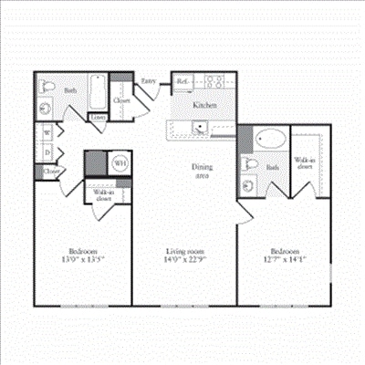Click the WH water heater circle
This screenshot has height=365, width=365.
tap(120, 163)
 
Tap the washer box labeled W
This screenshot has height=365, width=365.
tap(47, 133)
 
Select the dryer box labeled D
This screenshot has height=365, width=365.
tap(47, 151)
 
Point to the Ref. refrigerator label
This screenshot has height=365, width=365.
tap(182, 80)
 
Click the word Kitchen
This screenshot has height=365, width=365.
tap(204, 105)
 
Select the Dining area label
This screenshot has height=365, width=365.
tap(203, 171)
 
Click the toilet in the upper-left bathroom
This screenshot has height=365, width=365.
tap(48, 110)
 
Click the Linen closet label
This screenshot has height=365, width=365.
tap(98, 117)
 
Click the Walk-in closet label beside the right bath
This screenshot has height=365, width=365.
tap(305, 165)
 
